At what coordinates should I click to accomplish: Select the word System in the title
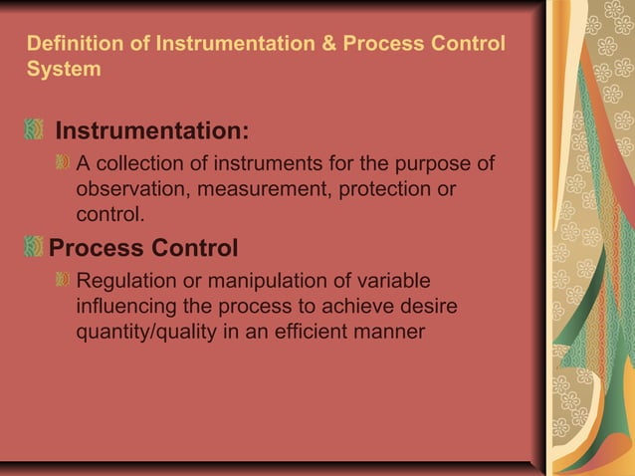coord(64,70)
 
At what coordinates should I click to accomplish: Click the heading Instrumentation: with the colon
coord(151,131)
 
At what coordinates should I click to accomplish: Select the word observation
coord(128,189)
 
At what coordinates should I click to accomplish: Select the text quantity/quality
coord(143,331)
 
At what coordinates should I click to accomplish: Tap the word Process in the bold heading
coord(96,247)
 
